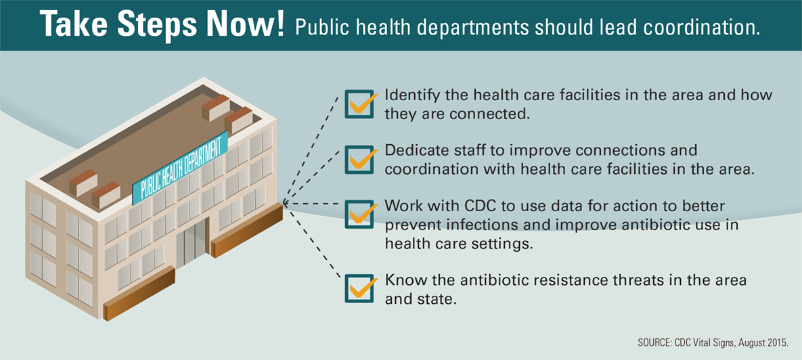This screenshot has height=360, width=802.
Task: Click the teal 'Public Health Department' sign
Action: click(180, 167)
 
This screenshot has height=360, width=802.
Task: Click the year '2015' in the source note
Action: click(777, 342)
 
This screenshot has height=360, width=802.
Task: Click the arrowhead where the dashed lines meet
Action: click(285, 204)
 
